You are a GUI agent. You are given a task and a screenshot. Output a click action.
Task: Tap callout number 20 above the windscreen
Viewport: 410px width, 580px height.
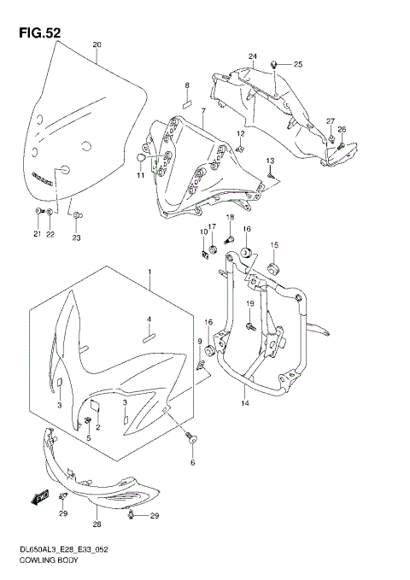tap(97, 44)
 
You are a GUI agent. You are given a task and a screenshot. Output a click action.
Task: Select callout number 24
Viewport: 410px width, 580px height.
tap(253, 56)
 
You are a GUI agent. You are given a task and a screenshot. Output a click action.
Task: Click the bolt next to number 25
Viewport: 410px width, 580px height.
tap(272, 63)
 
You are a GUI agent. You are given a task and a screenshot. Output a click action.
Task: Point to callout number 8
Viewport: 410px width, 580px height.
tap(186, 86)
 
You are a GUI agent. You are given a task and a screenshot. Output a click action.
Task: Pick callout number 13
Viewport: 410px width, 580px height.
tap(269, 161)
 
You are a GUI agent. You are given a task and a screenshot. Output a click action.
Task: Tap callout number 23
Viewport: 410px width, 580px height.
tap(76, 238)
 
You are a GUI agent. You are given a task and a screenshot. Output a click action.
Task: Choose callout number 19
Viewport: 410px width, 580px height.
tap(251, 305)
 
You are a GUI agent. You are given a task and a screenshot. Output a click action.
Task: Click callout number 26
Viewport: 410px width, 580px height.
tap(342, 130)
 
